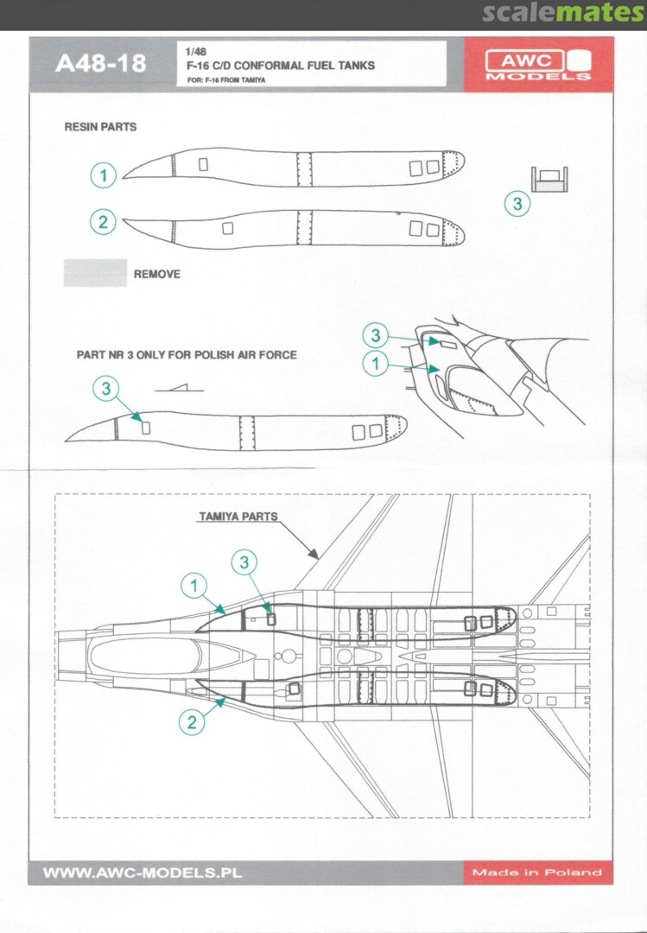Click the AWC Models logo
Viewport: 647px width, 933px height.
coord(537,64)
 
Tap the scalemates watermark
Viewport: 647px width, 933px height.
coord(563,13)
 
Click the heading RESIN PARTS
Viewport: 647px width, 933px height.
coord(100,127)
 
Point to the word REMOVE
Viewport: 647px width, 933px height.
coord(157,274)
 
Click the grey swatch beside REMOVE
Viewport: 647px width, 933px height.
coord(95,273)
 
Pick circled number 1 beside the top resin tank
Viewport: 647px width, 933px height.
coord(104,175)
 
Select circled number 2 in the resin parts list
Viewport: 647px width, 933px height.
coord(104,222)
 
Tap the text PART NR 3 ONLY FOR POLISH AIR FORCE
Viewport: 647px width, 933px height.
coord(187,355)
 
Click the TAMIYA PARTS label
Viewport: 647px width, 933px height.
coord(238,517)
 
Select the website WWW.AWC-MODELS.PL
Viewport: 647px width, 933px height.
coord(142,873)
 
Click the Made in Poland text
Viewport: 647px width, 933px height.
coord(536,873)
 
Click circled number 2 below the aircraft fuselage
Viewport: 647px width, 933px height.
coord(192,720)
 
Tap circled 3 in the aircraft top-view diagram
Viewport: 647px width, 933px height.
coord(245,563)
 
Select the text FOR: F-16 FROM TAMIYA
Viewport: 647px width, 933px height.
coord(225,79)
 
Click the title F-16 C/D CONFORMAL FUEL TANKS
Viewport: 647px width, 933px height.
coord(280,65)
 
